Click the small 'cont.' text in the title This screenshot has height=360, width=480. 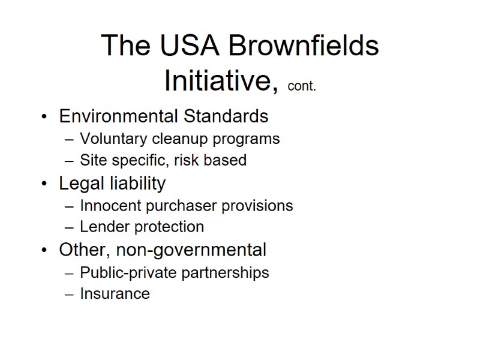[302, 86]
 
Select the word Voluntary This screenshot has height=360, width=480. [114, 139]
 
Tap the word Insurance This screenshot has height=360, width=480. [115, 293]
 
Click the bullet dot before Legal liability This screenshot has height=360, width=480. [44, 184]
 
